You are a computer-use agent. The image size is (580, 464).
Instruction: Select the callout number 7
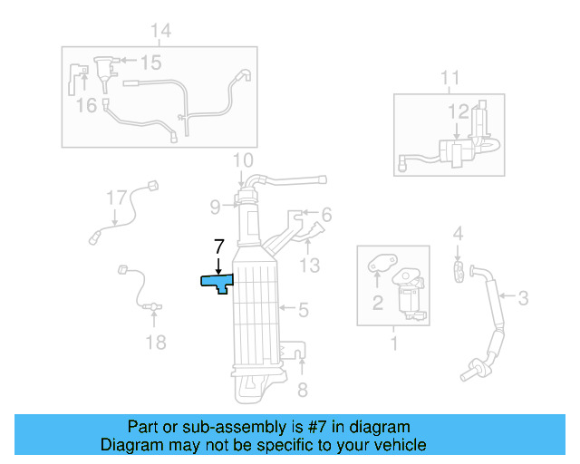(x=217, y=246)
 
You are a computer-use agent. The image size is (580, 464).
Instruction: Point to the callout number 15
(x=150, y=63)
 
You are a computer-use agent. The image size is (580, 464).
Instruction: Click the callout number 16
(x=86, y=106)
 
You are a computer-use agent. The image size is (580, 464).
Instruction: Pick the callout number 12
(x=459, y=111)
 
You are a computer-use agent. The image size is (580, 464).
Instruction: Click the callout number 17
(x=116, y=197)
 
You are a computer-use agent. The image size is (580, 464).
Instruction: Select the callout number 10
(x=242, y=160)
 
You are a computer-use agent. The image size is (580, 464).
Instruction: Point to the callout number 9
(x=215, y=207)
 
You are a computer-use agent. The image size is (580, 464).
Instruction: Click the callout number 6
(x=326, y=215)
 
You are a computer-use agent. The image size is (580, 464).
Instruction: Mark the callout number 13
(x=310, y=265)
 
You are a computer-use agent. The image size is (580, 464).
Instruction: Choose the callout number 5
(x=303, y=310)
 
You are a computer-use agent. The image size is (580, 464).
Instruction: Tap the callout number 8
(x=303, y=390)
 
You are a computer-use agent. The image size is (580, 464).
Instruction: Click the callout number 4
(x=459, y=235)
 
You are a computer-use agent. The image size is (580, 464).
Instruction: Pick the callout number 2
(x=377, y=303)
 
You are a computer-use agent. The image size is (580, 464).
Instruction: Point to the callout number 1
(x=394, y=343)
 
